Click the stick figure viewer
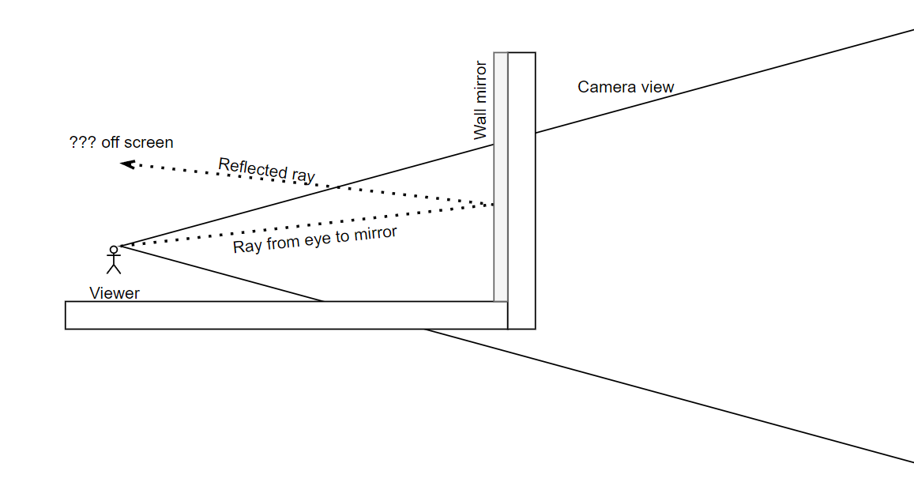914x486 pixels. point(114,260)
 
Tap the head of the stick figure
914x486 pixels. point(114,250)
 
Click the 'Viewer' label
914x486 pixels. point(115,293)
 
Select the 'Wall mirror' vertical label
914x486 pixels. point(480,100)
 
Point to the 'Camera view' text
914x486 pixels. point(626,87)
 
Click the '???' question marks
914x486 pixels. point(83,143)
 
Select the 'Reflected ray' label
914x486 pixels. point(266,170)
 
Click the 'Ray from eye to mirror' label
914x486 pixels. point(314,240)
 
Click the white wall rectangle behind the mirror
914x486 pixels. point(521,190)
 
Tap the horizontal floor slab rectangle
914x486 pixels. point(284,315)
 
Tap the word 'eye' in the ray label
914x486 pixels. point(315,240)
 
